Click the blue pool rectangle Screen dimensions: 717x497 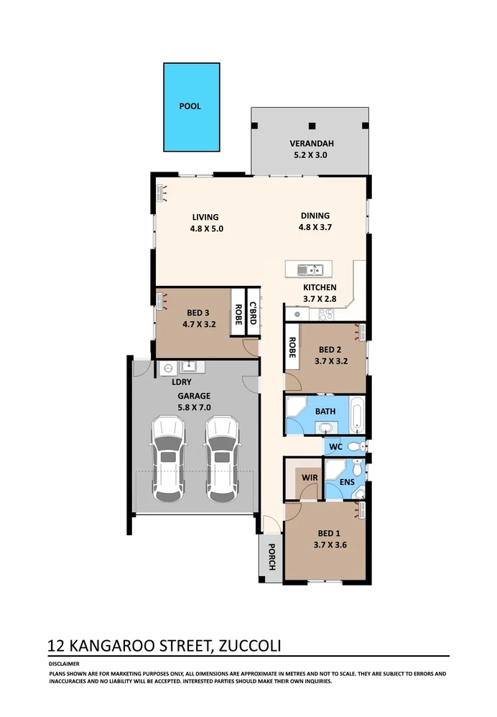coord(190,106)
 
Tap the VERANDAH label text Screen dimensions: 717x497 coord(312,143)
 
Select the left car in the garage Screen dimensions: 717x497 coord(167,461)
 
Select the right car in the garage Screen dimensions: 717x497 coord(222,461)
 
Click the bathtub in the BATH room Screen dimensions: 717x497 coord(356,415)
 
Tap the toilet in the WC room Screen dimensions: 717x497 coord(355,446)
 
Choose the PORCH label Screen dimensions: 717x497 coord(271,557)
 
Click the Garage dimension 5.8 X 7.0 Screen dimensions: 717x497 coord(194,407)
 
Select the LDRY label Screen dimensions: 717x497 coord(172,382)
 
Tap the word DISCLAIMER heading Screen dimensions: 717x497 coord(64,664)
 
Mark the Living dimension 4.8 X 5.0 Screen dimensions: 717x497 coord(207,228)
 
